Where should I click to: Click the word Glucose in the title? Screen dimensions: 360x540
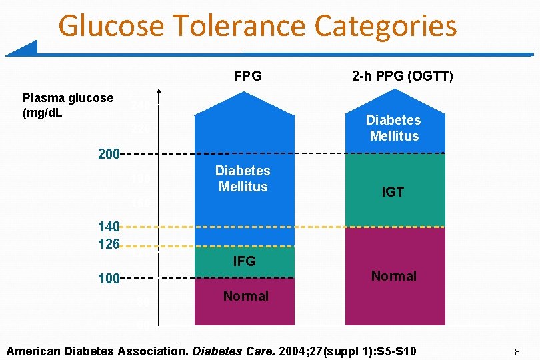[x=109, y=27]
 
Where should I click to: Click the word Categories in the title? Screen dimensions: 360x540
[x=386, y=27]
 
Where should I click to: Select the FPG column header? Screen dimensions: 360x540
[x=247, y=76]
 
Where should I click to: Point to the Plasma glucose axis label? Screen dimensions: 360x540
[x=68, y=105]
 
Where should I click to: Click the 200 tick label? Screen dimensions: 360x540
[x=108, y=155]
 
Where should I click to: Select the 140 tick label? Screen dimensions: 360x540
[x=108, y=227]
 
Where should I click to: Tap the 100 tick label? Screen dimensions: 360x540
[x=108, y=277]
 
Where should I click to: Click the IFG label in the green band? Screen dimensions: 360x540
[x=244, y=261]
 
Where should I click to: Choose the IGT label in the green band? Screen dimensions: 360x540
[x=393, y=192]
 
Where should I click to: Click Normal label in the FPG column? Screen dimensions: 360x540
[x=246, y=296]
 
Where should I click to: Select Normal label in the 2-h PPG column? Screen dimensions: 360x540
[x=393, y=276]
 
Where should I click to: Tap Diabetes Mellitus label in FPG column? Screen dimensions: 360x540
[x=243, y=179]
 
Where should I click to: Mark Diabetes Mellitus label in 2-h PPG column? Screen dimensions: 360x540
[x=393, y=128]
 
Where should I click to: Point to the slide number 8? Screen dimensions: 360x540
[x=516, y=351]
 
